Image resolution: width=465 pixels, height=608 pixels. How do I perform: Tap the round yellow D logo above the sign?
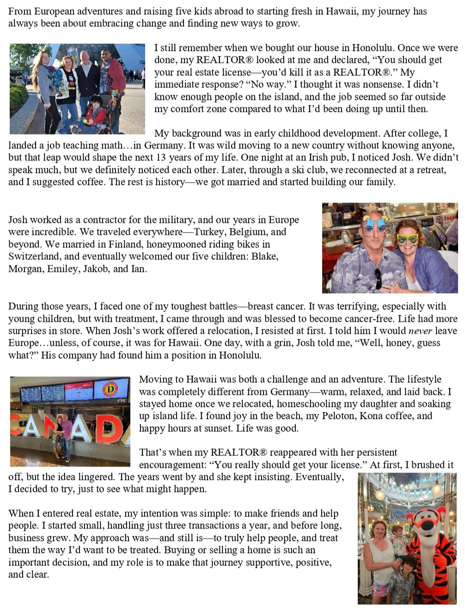pos(110,389)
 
